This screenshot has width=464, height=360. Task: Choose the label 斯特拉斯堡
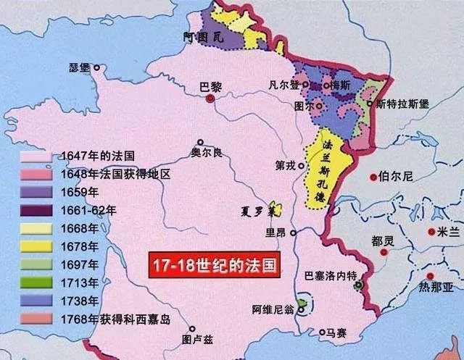pyautogui.click(x=402, y=104)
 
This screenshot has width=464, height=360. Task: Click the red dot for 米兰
pyautogui.click(x=432, y=233)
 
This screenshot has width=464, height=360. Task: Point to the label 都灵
pyautogui.click(x=381, y=240)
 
